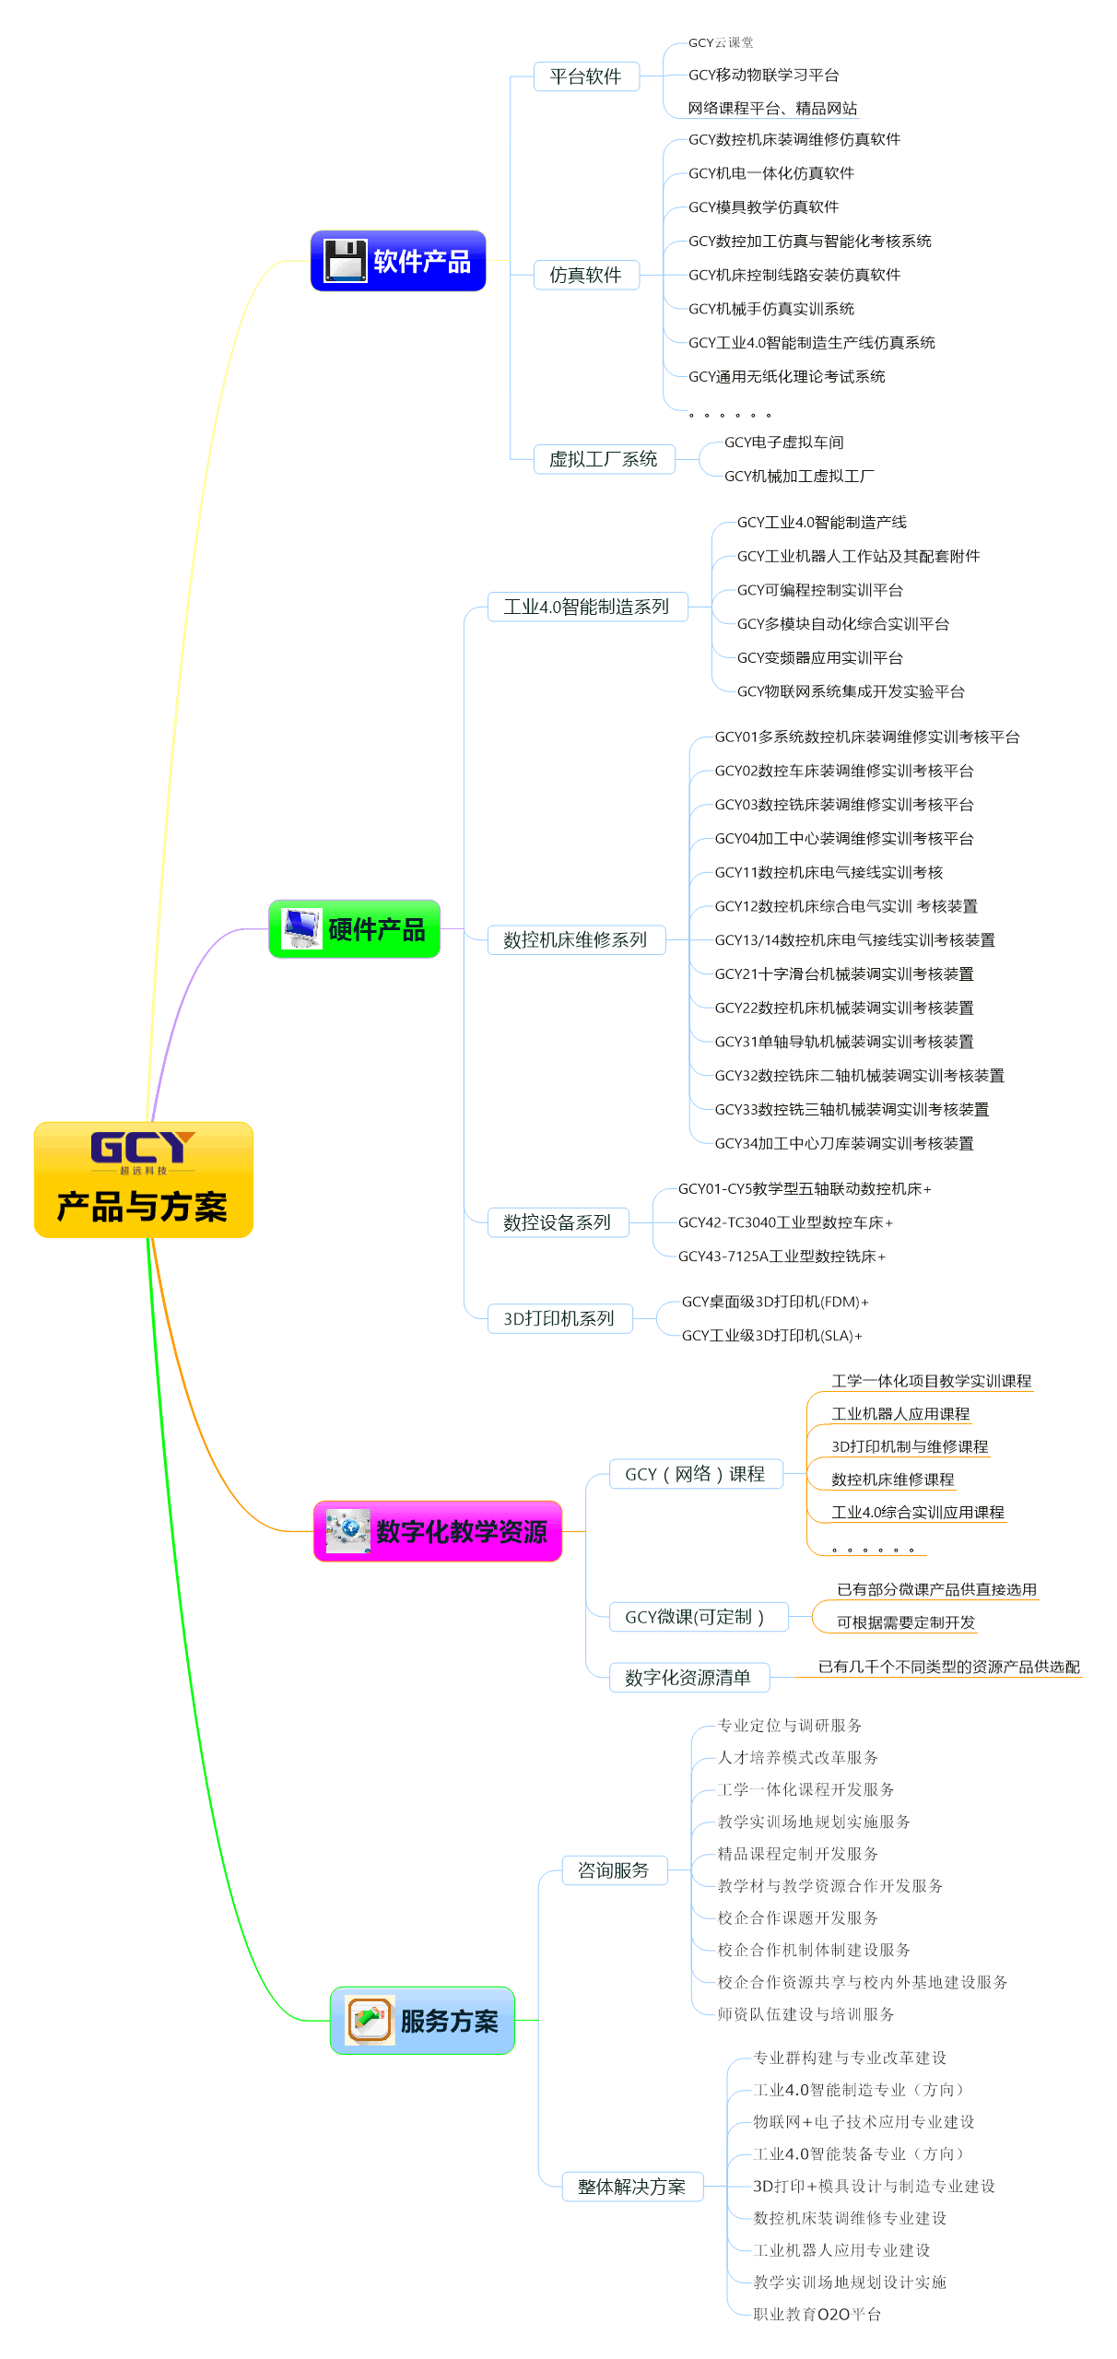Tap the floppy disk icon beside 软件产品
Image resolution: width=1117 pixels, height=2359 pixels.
coord(346,261)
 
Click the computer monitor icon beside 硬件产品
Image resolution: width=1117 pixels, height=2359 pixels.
coord(301,928)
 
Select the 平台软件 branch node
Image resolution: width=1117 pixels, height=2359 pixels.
coord(585,77)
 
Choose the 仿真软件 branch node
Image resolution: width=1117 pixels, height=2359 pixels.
coord(585,275)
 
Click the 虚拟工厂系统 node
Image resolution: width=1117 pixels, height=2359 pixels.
coord(603,459)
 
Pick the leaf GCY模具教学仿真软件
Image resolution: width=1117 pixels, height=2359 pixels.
coord(763,207)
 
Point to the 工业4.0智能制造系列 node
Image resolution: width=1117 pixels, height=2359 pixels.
coord(586,607)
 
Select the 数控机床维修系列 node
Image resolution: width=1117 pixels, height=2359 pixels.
coord(575,940)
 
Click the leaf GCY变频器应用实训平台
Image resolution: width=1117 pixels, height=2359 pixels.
coord(819,658)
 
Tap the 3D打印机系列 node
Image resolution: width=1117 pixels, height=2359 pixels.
coord(558,1318)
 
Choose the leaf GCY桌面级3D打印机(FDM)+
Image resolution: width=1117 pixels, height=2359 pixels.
coord(774,1302)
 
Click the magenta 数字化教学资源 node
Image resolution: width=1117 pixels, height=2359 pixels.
coord(438,1531)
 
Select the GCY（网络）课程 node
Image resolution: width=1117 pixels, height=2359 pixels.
coord(695,1474)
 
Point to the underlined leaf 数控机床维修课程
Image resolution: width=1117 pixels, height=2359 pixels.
coord(892,1480)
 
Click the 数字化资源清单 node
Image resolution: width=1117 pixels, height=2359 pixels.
coord(688,1678)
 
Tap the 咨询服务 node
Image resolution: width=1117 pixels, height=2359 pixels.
coord(613,1870)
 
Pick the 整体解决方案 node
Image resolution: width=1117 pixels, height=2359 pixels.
coord(631,2187)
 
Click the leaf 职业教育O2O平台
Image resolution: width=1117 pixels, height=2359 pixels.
coord(817,2315)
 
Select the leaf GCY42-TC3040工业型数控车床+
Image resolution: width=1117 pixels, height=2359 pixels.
coord(785,1222)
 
